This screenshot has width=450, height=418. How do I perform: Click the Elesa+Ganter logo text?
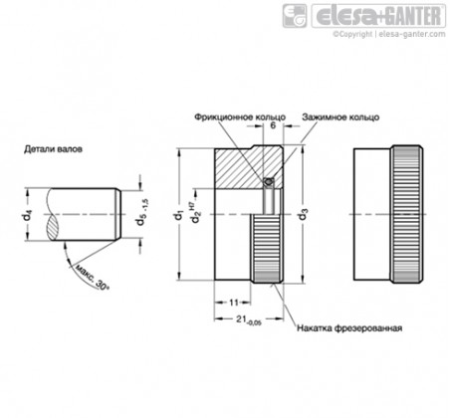click(x=378, y=16)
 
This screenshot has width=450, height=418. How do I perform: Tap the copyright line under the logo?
click(x=389, y=34)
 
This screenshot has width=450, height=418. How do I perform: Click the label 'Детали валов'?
click(x=53, y=149)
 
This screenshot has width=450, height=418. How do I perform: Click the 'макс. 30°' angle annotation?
click(x=91, y=278)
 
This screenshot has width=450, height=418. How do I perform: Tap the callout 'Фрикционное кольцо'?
click(x=240, y=117)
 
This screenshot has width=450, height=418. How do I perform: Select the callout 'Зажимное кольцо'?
click(x=340, y=117)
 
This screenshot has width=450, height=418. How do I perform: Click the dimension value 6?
click(x=273, y=125)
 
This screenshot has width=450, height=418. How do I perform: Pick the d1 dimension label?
click(x=179, y=216)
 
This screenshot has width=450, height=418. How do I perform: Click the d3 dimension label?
click(x=303, y=214)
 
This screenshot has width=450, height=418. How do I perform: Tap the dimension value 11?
click(x=234, y=303)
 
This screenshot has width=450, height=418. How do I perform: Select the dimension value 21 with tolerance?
click(x=249, y=319)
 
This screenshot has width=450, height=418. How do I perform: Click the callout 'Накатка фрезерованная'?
click(x=349, y=328)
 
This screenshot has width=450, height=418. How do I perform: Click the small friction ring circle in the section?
click(x=268, y=181)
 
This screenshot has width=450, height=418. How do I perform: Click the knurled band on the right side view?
click(x=407, y=214)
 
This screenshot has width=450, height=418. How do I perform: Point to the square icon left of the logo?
click(x=295, y=16)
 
